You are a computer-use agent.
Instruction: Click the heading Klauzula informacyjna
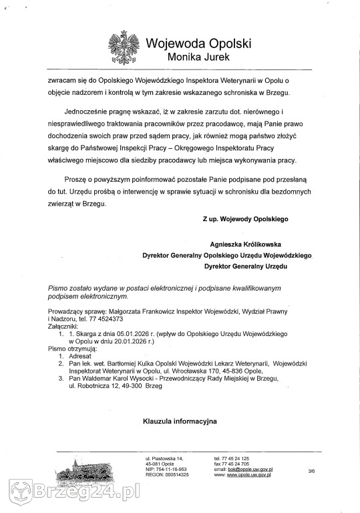point(180,421)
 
